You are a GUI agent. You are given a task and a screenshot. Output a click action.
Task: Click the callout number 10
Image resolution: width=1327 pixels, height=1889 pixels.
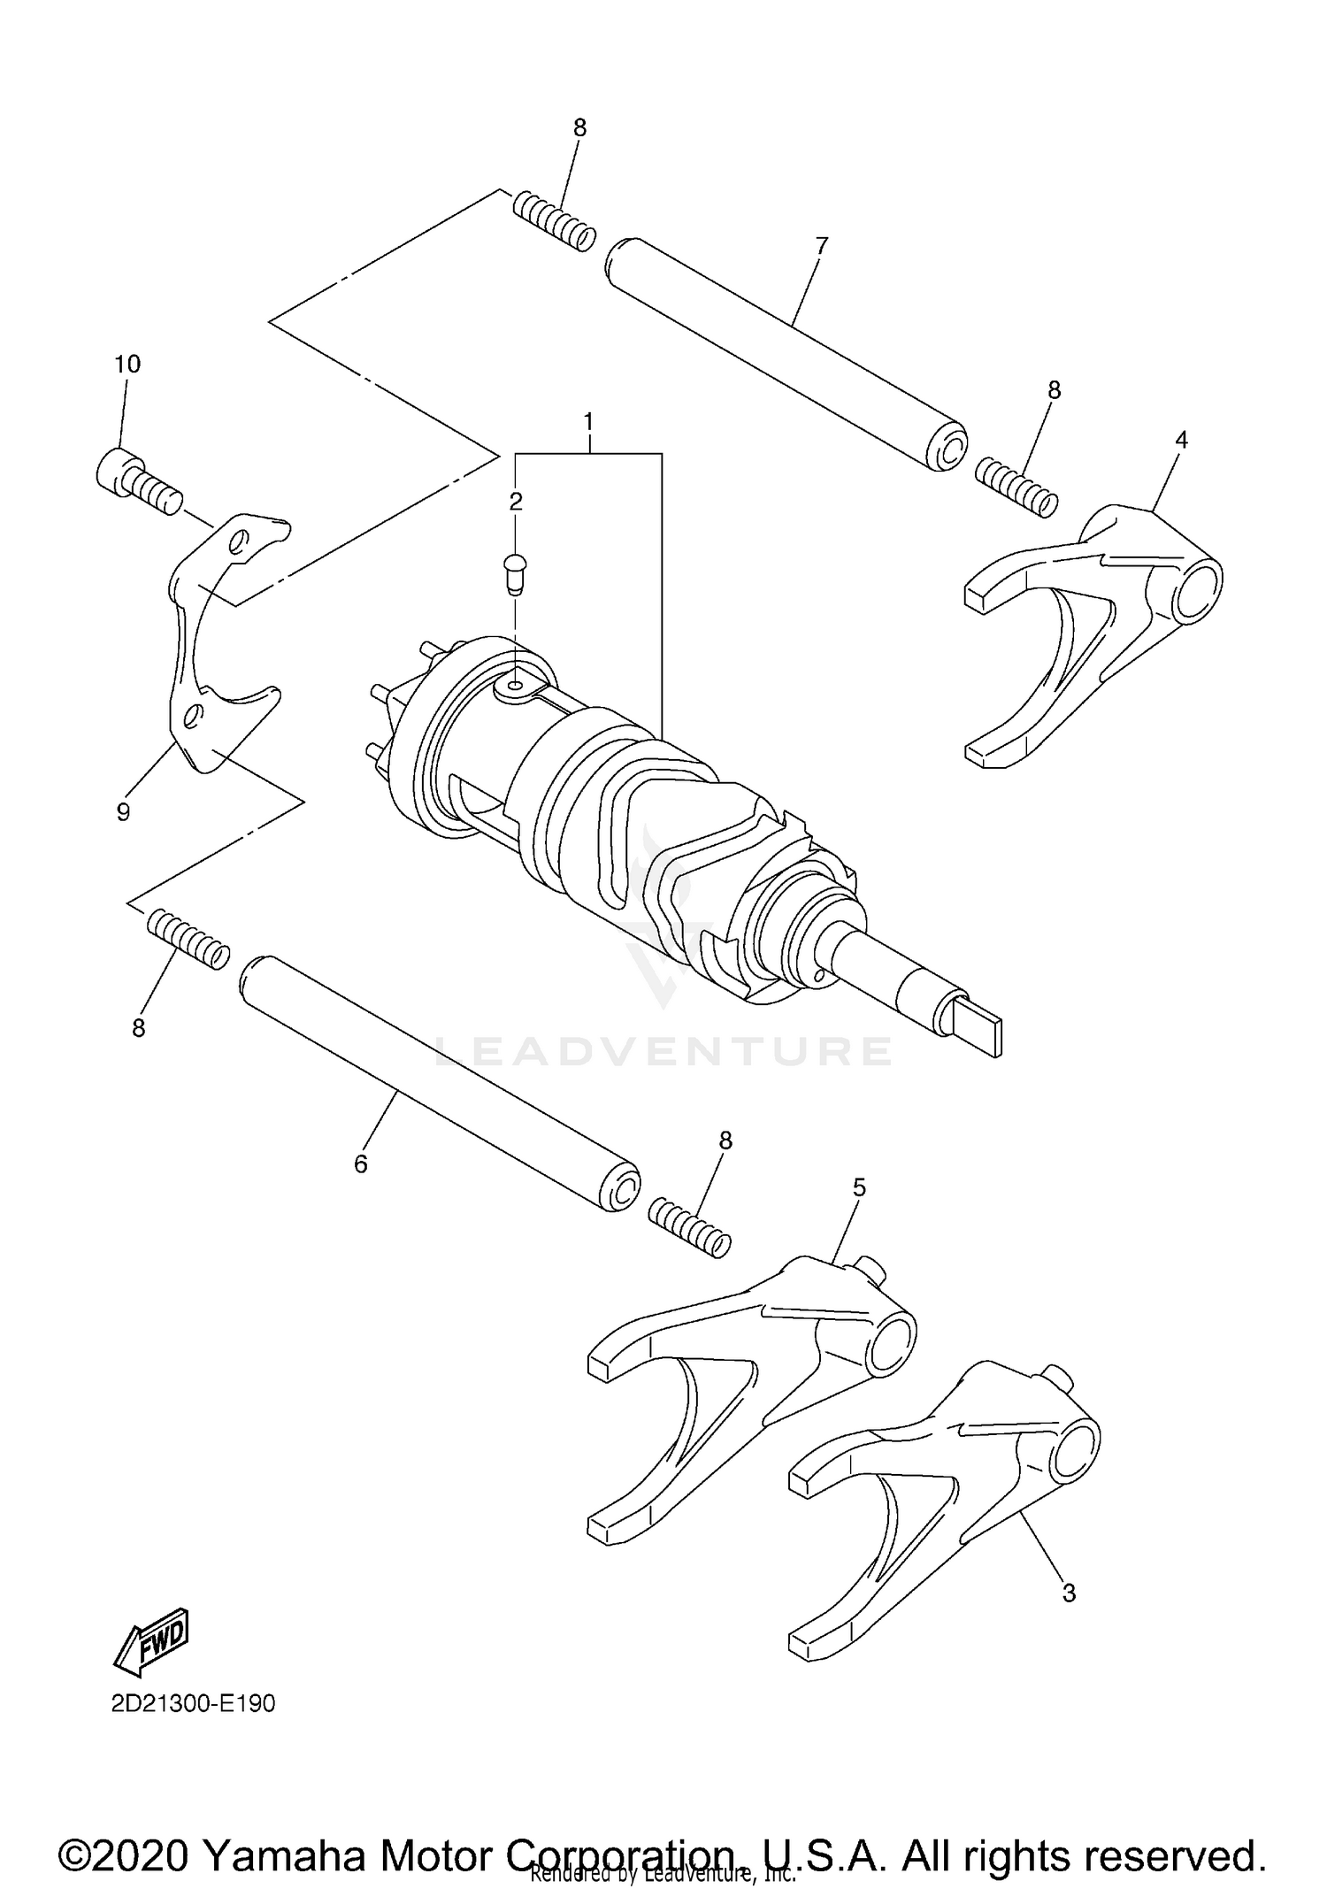click(x=127, y=364)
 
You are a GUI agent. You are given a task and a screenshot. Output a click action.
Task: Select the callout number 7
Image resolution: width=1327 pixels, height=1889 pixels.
click(x=822, y=246)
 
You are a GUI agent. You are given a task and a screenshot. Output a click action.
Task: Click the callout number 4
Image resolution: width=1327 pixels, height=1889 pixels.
click(x=1181, y=440)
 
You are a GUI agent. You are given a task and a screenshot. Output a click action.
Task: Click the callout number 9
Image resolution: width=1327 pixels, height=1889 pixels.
click(x=124, y=811)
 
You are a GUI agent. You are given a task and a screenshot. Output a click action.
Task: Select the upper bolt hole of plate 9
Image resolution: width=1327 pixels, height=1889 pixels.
click(x=238, y=541)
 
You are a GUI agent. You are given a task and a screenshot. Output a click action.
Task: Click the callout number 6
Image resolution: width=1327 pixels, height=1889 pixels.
click(x=360, y=1164)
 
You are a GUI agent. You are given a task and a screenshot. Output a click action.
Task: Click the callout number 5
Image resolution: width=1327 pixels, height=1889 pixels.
click(x=859, y=1188)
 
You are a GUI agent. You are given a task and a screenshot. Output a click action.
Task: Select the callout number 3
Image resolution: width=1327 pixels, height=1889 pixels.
click(x=1069, y=1593)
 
